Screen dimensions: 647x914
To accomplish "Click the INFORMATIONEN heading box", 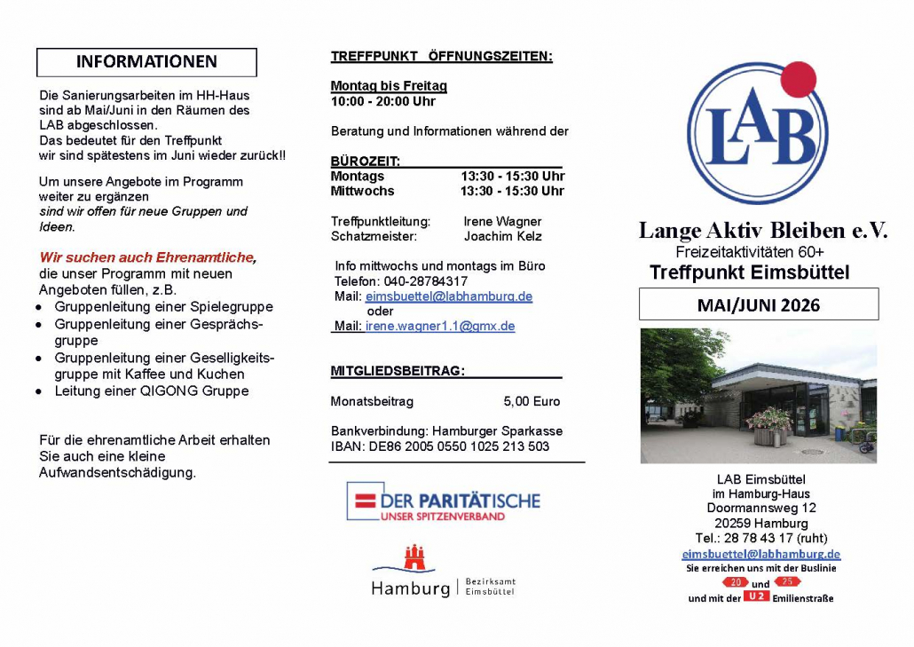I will click(x=146, y=62).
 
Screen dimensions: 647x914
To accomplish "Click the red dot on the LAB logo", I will click(x=797, y=80).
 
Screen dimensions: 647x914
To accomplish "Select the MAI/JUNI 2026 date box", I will click(x=759, y=304).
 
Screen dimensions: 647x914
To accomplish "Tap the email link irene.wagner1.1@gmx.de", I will click(x=440, y=326).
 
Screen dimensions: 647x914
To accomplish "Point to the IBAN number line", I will click(x=440, y=446).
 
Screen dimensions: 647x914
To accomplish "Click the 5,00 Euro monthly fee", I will click(x=532, y=401).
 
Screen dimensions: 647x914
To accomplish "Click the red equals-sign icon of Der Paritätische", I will click(x=364, y=501).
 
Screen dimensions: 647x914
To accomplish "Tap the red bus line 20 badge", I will click(x=735, y=582).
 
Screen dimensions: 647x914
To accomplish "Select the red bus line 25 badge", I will click(x=787, y=581).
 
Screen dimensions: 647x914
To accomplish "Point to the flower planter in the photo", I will click(x=768, y=425).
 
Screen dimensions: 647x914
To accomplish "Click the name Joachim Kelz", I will click(x=502, y=237).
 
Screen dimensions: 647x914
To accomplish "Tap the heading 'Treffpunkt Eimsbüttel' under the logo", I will click(x=749, y=272).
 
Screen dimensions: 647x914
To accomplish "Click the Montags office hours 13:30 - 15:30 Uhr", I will click(x=512, y=176).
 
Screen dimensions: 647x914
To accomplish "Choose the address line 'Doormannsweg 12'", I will click(x=761, y=509).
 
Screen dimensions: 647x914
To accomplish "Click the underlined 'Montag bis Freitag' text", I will click(x=389, y=86).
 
